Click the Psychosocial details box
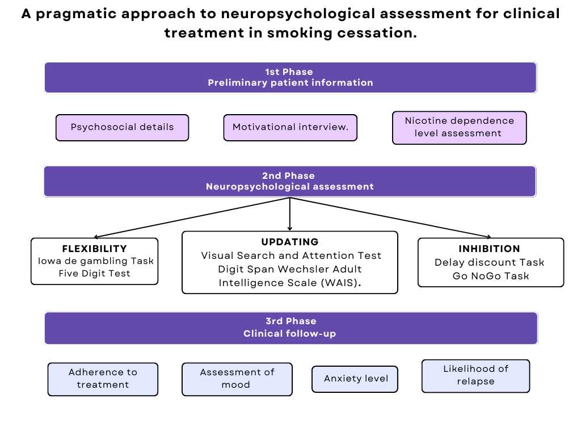point(123,128)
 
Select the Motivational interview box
point(290,128)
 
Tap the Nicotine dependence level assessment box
point(459,128)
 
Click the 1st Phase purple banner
point(290,77)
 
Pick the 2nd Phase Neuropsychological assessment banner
point(290,181)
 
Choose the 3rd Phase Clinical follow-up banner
point(291,328)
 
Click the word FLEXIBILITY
point(95,249)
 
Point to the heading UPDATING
point(290,242)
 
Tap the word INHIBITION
point(489,249)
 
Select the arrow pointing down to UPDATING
point(290,214)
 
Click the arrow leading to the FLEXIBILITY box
point(192,217)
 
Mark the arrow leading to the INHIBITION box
point(390,217)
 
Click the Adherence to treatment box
point(103,379)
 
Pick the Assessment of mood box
point(237,379)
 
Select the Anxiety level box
point(355,379)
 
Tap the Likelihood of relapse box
point(476,376)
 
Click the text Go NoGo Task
point(491,276)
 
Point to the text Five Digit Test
point(95,274)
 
